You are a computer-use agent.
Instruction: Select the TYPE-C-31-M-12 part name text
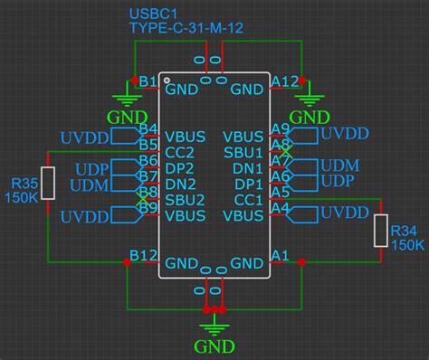186,28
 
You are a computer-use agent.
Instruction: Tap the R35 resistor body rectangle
49,183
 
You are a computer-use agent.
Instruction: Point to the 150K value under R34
406,245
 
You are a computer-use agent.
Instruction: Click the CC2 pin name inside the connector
180,152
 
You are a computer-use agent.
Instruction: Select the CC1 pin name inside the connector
247,200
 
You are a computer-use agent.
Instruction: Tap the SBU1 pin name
243,152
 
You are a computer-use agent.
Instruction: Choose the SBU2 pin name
185,200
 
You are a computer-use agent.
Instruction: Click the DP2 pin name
180,168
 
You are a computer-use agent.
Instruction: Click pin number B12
144,255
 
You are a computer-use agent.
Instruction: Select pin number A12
284,81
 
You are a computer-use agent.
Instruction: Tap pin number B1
147,81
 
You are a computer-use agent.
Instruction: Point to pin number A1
280,255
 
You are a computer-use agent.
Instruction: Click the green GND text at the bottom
215,346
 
